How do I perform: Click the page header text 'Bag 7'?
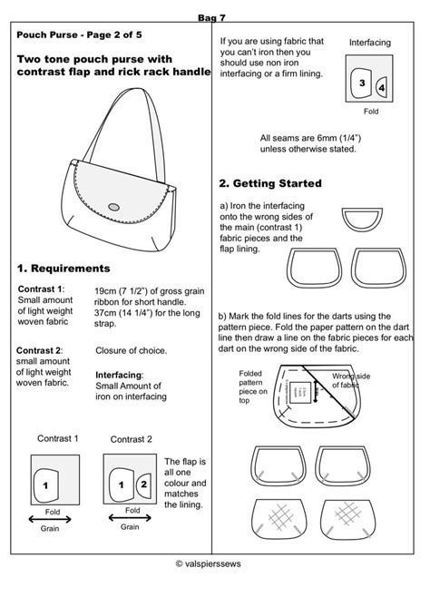pyautogui.click(x=214, y=17)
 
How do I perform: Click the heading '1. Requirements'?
pyautogui.click(x=64, y=269)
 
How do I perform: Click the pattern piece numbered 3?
pyautogui.click(x=363, y=82)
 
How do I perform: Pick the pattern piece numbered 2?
pyautogui.click(x=142, y=485)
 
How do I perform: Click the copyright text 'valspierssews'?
pyautogui.click(x=218, y=563)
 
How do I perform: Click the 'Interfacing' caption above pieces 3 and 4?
pyautogui.click(x=368, y=42)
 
